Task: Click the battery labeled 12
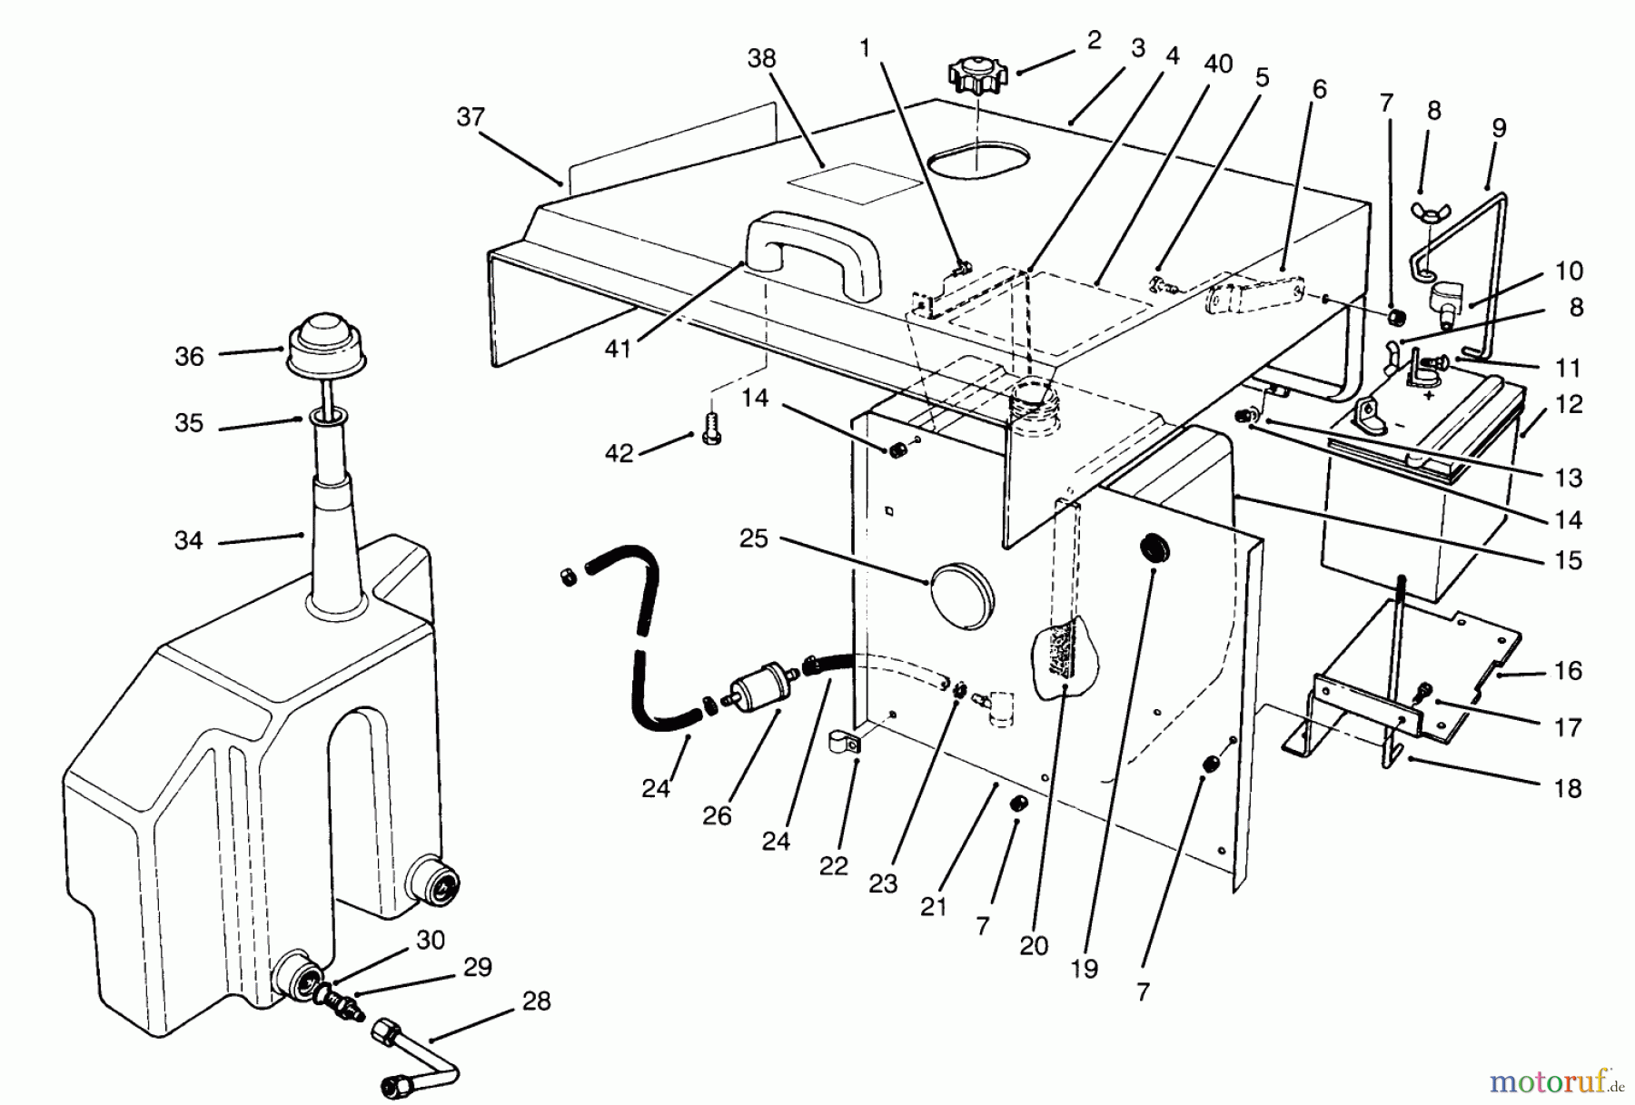[x=1417, y=495]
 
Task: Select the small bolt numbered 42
[x=712, y=437]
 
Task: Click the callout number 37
[x=471, y=117]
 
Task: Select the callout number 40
[x=1217, y=64]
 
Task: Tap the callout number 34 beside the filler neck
[x=188, y=541]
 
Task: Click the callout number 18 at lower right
[x=1568, y=788]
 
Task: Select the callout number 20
[x=1034, y=946]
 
